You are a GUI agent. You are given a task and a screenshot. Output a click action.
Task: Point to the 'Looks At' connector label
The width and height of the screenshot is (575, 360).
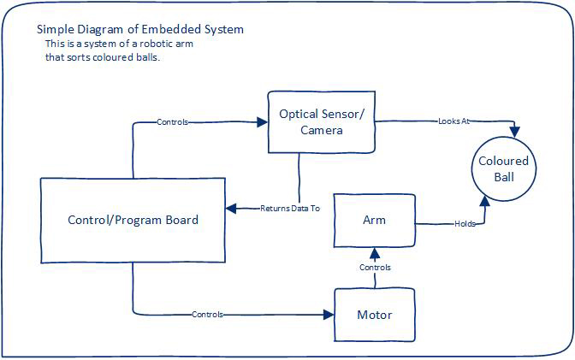[454, 121]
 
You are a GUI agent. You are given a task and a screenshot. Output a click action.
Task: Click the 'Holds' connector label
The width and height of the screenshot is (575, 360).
[465, 224]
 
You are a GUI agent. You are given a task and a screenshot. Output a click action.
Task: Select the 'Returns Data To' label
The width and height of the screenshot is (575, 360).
[290, 209]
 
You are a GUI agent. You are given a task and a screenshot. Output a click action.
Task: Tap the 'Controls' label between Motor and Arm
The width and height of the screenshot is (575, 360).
[375, 268]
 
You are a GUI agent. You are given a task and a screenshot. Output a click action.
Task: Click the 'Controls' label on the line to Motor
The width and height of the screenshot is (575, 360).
[208, 315]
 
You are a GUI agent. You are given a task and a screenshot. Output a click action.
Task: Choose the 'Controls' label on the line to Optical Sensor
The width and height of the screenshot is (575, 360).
[172, 122]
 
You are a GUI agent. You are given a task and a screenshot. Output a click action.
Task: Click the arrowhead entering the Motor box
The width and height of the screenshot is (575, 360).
[329, 315]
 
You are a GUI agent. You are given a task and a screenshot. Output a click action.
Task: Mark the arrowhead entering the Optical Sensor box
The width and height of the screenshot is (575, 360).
[263, 122]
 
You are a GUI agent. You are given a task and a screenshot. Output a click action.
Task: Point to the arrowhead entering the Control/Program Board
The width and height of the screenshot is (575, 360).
[231, 209]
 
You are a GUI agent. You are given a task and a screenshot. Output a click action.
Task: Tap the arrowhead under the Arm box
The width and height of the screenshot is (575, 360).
[375, 253]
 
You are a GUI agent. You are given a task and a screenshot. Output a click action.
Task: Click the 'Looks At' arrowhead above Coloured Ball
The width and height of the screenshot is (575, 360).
[515, 132]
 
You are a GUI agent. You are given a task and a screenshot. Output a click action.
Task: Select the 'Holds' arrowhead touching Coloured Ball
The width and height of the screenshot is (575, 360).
[485, 201]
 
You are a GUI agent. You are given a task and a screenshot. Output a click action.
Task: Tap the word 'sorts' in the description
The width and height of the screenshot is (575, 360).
[78, 57]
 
